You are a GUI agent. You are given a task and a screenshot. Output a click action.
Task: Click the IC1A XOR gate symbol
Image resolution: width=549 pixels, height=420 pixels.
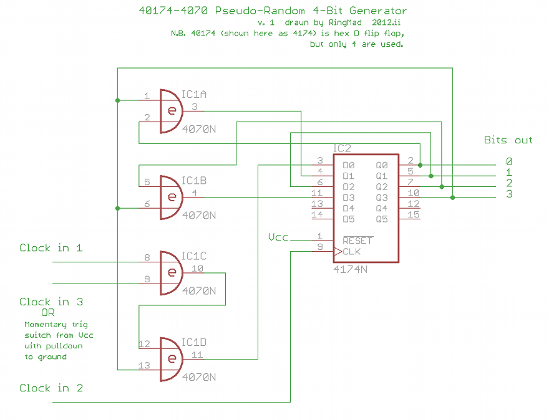tap(171, 111)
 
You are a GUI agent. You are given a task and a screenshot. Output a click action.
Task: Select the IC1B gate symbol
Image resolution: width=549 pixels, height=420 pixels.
tap(171, 198)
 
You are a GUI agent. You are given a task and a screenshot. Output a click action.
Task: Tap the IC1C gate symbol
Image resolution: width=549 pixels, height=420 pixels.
tap(171, 273)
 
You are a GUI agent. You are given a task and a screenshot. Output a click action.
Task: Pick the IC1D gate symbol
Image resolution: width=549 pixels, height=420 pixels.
tap(171, 359)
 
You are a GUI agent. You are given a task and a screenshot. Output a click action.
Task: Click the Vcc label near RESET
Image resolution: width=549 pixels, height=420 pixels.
tap(278, 237)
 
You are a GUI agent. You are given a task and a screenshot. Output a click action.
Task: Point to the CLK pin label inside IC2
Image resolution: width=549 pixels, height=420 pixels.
tap(351, 252)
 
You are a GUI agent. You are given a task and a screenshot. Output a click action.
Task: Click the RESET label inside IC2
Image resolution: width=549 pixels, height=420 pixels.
tap(357, 241)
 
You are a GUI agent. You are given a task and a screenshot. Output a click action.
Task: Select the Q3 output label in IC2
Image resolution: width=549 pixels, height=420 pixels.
tap(382, 198)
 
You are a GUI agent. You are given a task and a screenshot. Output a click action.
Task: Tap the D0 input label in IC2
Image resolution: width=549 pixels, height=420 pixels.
tap(348, 165)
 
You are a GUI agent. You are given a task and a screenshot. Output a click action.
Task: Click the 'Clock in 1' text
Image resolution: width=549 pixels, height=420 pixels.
tap(51, 248)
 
